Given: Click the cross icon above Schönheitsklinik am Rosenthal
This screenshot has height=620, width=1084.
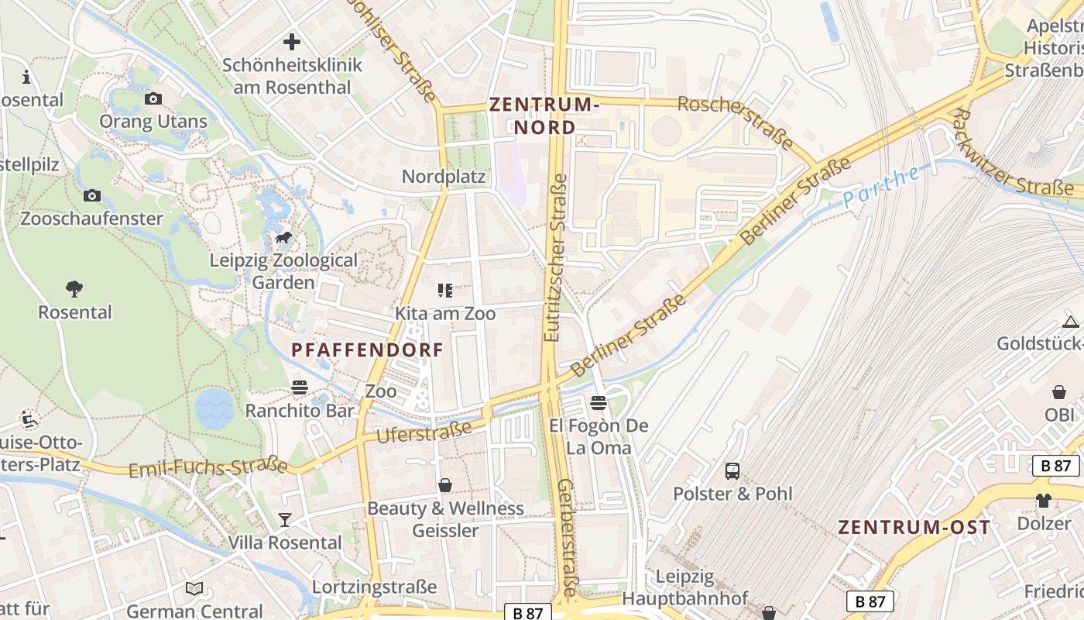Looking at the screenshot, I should [x=292, y=42].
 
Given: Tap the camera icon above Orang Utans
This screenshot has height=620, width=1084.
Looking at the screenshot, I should [x=153, y=98].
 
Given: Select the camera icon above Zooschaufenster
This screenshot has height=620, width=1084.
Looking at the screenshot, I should [x=92, y=195].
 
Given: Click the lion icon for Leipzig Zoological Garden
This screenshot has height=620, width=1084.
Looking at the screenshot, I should [x=283, y=237].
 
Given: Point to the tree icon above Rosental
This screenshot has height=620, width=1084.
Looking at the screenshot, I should [x=74, y=289].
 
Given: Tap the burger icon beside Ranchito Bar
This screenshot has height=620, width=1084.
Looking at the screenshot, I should [x=300, y=387].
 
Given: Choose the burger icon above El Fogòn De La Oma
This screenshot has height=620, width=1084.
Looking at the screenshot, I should [x=599, y=402].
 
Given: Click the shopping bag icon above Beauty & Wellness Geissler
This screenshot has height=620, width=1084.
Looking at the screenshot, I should [x=445, y=485].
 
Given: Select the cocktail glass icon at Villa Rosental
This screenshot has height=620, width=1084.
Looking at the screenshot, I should [x=285, y=519].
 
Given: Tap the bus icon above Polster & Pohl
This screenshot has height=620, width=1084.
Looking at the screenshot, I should [x=732, y=470].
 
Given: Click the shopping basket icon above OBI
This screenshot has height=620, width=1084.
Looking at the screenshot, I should [x=1059, y=392].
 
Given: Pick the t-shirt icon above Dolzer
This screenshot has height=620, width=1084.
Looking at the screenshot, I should [x=1044, y=501].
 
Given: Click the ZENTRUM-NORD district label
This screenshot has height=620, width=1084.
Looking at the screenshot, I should [x=545, y=115].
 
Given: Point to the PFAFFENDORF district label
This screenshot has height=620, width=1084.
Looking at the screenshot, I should [x=368, y=350].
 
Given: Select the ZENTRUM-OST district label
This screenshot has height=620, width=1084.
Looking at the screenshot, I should [x=914, y=528].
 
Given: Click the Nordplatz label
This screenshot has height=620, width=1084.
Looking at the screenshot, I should [x=444, y=177].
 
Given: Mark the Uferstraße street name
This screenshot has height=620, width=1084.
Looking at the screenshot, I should [x=424, y=432].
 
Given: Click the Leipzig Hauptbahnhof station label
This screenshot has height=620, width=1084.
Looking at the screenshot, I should [x=685, y=587].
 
